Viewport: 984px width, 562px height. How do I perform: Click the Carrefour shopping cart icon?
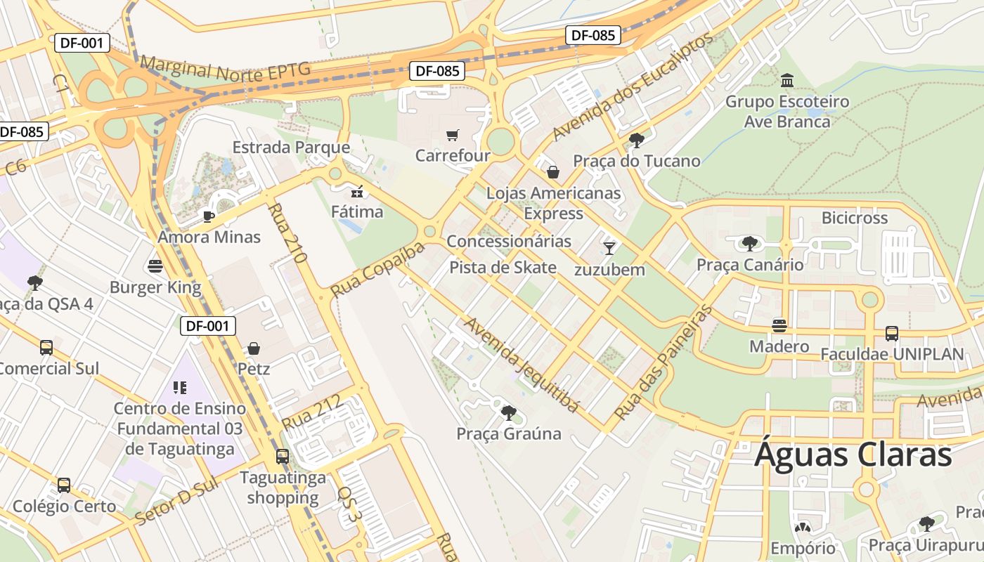point(453,135)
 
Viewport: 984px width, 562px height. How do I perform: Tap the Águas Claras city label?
point(853,455)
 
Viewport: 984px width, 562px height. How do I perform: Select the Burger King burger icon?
point(155,266)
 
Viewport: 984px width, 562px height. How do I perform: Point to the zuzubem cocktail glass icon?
point(609,248)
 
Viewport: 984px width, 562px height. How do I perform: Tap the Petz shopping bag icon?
point(254,348)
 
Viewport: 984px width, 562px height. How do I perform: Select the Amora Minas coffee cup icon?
point(209,216)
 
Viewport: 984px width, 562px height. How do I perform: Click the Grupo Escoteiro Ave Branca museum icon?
point(787,80)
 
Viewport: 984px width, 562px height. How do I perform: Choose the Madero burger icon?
point(779,326)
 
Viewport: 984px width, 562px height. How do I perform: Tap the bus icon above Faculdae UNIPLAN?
point(891,334)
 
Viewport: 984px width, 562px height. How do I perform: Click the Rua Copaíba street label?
point(378,269)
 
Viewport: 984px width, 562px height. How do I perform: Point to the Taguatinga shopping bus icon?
point(282,457)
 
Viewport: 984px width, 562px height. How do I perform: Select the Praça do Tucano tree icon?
point(637,140)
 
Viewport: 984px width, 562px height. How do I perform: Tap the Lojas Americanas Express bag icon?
point(553,172)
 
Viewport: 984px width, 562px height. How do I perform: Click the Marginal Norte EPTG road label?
point(225,70)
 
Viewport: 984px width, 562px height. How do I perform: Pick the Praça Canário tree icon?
point(750,244)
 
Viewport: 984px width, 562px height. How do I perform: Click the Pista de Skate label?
point(503,267)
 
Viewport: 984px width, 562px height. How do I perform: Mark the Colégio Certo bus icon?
point(64,485)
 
